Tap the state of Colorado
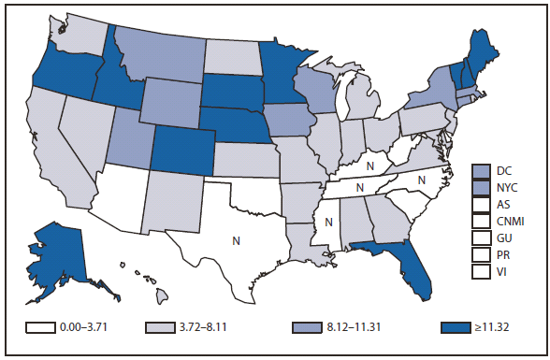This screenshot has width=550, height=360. pyautogui.click(x=183, y=149)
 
